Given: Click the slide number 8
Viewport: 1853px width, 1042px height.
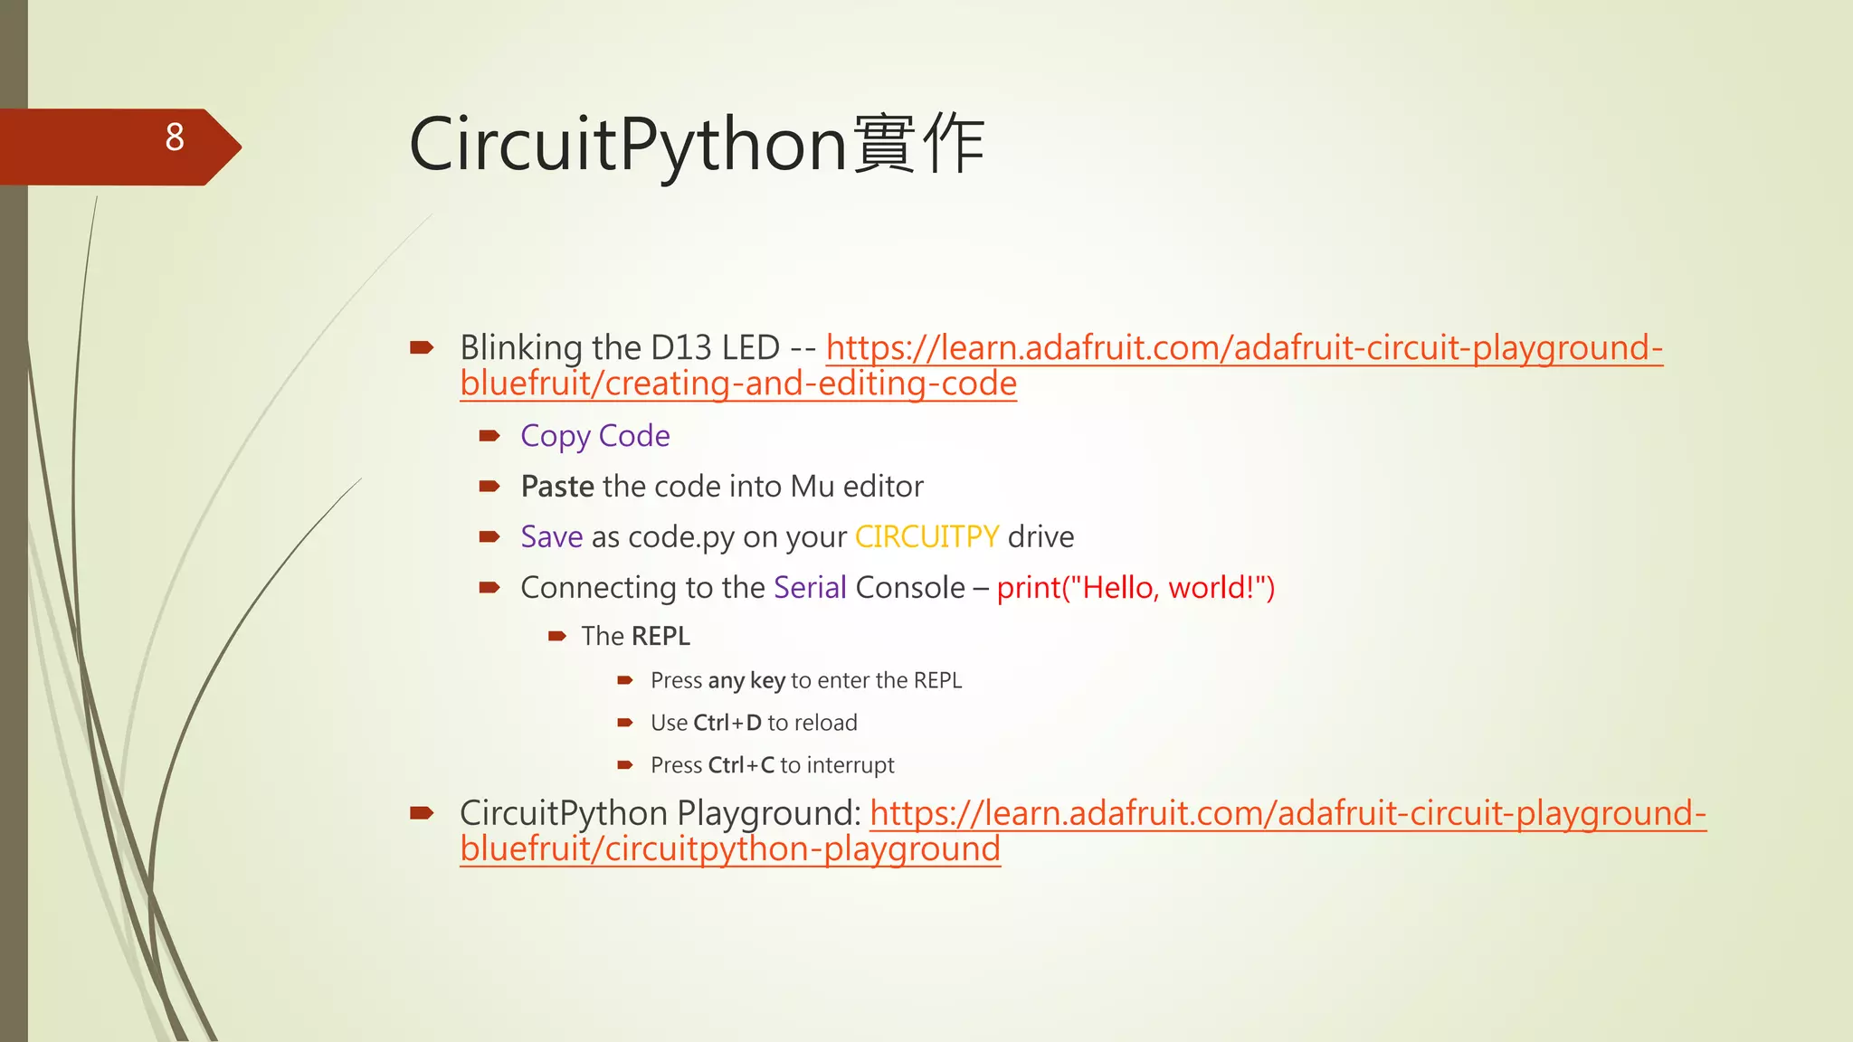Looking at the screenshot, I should tap(175, 137).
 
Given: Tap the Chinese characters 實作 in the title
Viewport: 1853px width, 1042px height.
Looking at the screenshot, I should tap(918, 145).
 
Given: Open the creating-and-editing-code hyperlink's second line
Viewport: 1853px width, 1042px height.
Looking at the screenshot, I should tap(738, 384).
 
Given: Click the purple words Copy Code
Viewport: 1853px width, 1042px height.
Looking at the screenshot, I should tap(595, 436).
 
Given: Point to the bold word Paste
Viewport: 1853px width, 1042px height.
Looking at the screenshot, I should tap(557, 487).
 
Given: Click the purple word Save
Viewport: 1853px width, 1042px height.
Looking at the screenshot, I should tap(552, 537).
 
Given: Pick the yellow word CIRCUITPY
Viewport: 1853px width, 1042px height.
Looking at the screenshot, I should tap(926, 537).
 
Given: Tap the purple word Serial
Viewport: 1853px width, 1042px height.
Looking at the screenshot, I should tap(810, 588).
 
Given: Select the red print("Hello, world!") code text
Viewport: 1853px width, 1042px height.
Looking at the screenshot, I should tap(1136, 588).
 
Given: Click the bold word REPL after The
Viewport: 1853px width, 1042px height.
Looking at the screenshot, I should tap(661, 637).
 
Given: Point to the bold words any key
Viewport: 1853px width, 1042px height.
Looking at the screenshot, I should tap(746, 680).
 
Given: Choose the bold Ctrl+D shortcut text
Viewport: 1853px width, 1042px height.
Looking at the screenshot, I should tap(727, 723).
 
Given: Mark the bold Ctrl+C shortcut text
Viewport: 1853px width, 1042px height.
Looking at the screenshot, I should tap(741, 765).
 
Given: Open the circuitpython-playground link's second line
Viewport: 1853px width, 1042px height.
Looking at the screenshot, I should tap(730, 849).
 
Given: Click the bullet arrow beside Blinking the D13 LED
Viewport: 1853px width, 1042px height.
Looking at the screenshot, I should tap(422, 347).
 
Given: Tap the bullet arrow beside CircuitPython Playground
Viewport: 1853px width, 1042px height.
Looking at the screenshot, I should tap(422, 813).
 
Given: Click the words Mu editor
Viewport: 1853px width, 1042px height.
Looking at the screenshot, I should tap(857, 487).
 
